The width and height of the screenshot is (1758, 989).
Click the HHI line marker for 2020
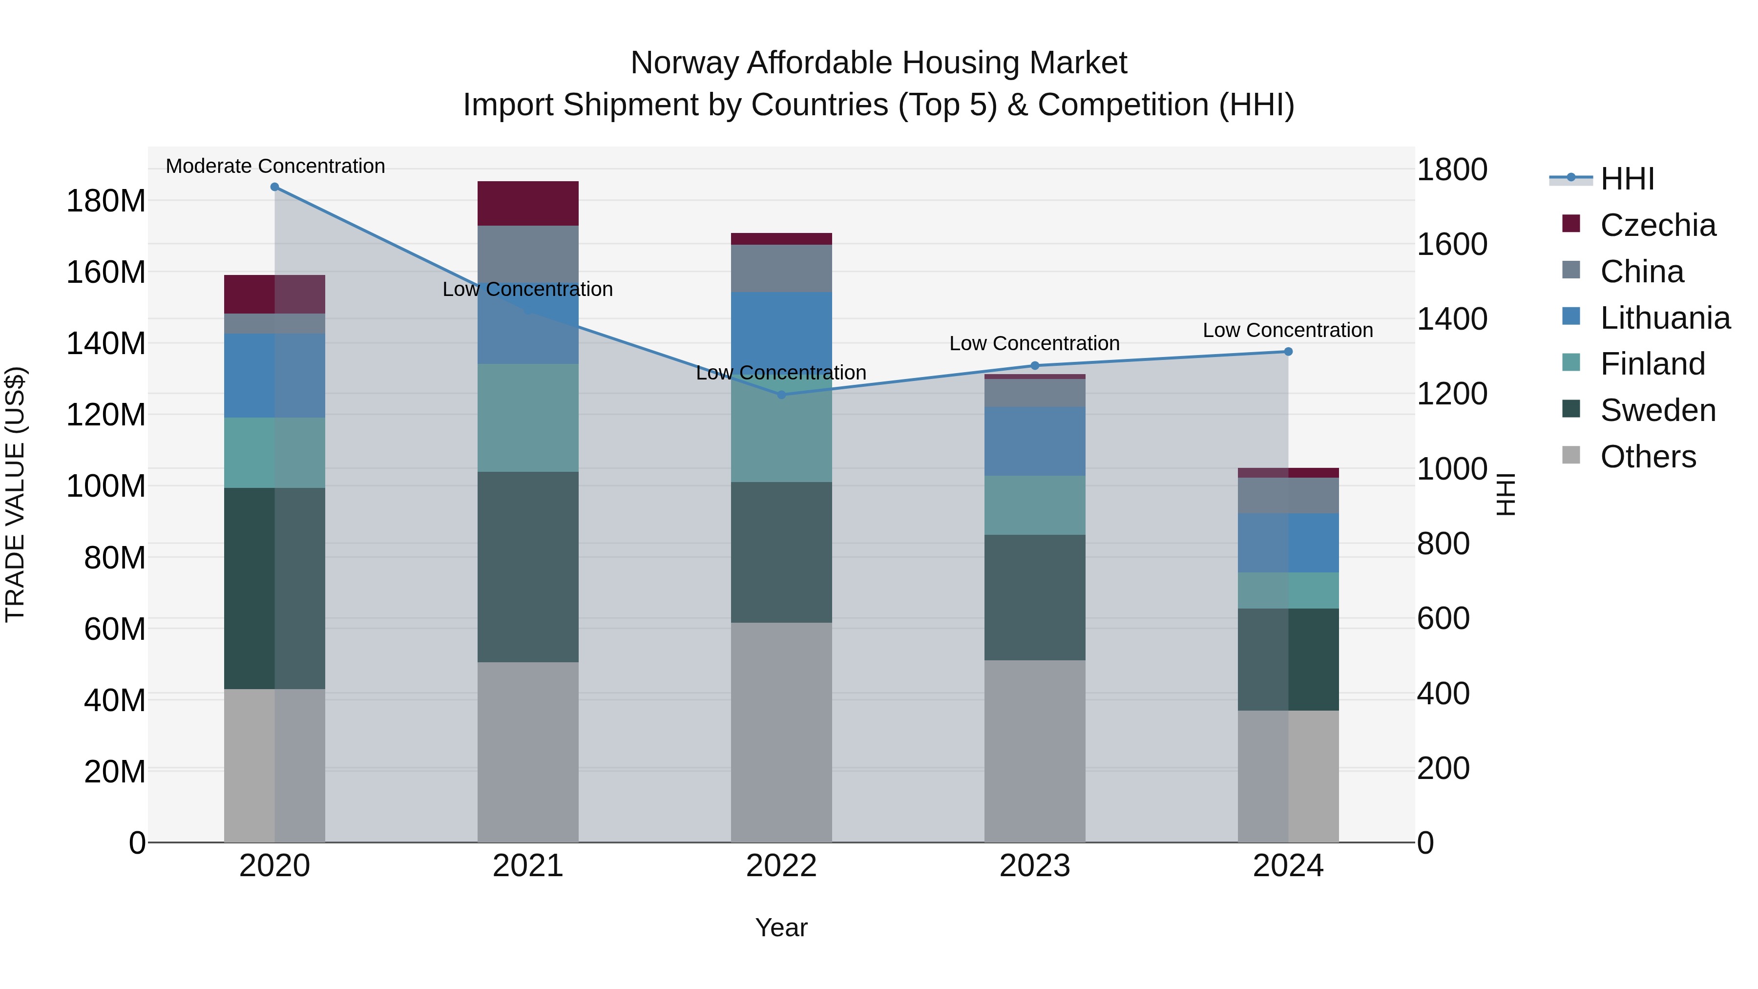pyautogui.click(x=274, y=187)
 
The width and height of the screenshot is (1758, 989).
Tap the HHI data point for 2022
pyautogui.click(x=781, y=395)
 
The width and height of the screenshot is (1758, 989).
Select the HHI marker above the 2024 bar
pyautogui.click(x=1288, y=352)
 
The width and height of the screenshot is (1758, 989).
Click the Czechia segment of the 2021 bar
pyautogui.click(x=527, y=203)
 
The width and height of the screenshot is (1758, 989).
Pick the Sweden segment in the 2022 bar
pyautogui.click(x=781, y=552)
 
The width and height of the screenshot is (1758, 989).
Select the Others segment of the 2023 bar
pyautogui.click(x=1035, y=751)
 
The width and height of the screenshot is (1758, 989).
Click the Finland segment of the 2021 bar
pyautogui.click(x=527, y=418)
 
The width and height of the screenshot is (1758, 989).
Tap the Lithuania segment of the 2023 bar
pyautogui.click(x=1035, y=442)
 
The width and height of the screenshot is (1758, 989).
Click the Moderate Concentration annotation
pyautogui.click(x=275, y=166)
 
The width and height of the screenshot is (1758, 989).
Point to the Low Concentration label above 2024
pyautogui.click(x=1287, y=330)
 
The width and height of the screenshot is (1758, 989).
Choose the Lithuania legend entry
pyautogui.click(x=1665, y=318)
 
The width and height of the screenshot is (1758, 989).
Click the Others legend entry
pyautogui.click(x=1648, y=457)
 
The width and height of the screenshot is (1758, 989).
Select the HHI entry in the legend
pyautogui.click(x=1627, y=179)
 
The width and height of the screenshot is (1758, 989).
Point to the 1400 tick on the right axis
pyautogui.click(x=1452, y=319)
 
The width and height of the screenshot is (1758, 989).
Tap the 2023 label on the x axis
pyautogui.click(x=1035, y=866)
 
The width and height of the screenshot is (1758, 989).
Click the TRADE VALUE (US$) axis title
pyautogui.click(x=16, y=494)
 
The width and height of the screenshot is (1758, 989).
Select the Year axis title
pyautogui.click(x=781, y=927)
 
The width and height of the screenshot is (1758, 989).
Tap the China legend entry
pyautogui.click(x=1641, y=272)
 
